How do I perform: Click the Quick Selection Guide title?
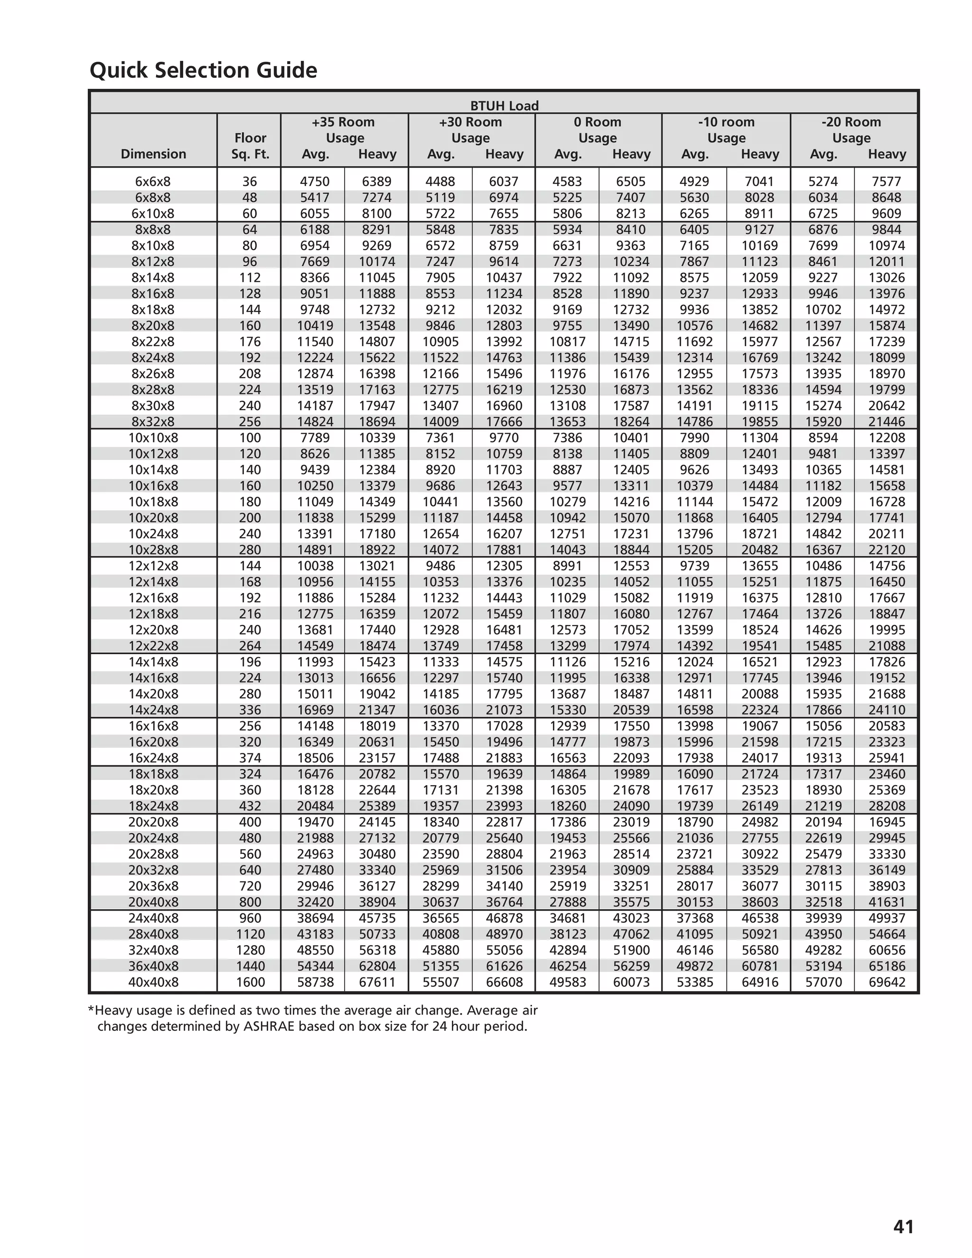click(203, 70)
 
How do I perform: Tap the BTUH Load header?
click(504, 106)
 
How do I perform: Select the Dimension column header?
click(153, 154)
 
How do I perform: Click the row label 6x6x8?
click(153, 181)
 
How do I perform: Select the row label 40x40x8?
click(153, 982)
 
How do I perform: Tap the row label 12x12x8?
click(153, 566)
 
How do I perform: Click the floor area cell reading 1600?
click(250, 982)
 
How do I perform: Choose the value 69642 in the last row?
click(886, 982)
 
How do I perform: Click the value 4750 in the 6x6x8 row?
click(314, 181)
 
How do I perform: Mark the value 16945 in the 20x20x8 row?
click(886, 822)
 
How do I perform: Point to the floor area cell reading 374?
click(250, 758)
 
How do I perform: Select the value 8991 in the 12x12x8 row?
click(567, 566)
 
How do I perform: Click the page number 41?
click(903, 1226)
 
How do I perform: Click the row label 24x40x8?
click(153, 918)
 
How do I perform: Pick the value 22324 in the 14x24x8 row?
click(759, 710)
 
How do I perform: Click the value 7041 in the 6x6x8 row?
click(759, 181)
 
